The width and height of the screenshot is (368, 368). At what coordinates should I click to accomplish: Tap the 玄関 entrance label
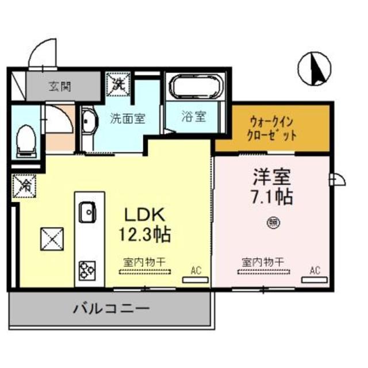[x=60, y=87]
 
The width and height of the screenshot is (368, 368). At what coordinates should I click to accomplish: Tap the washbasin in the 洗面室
[x=89, y=122]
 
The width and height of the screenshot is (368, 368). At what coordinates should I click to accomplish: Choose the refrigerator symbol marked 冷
[x=25, y=185]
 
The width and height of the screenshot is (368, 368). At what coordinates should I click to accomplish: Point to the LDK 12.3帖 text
[x=145, y=225]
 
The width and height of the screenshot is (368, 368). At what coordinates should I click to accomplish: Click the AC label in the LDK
[x=196, y=269]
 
